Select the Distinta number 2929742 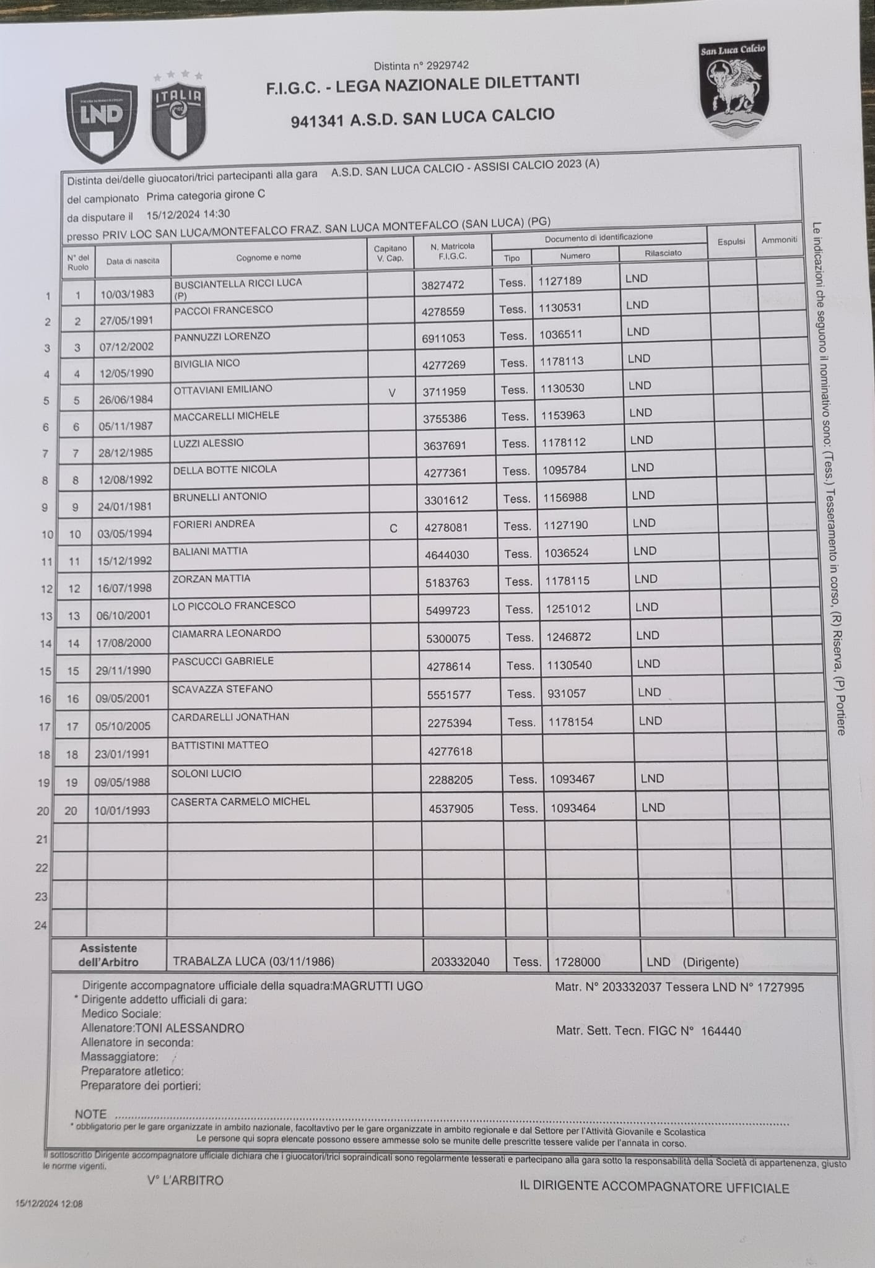(421, 66)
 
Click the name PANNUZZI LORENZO (222, 336)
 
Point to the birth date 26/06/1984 (126, 399)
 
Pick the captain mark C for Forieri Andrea (393, 528)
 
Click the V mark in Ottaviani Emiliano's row (391, 392)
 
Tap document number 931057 (566, 693)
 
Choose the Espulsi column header (731, 241)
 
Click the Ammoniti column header (779, 240)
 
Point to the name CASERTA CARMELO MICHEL (240, 801)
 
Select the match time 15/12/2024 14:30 (188, 214)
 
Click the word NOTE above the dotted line (90, 1114)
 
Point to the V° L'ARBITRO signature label (185, 1180)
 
